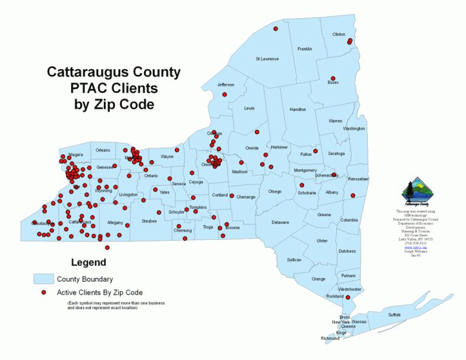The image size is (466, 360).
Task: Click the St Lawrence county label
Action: [267, 59]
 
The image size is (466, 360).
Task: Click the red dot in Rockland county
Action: [348, 297]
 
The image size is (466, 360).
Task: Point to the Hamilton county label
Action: [298, 109]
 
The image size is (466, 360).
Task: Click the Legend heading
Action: [89, 263]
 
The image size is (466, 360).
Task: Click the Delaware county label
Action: [280, 222]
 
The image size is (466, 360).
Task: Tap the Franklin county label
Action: [305, 49]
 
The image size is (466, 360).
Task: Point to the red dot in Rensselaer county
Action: [353, 195]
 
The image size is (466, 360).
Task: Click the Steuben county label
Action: [149, 221]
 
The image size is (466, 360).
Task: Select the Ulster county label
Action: [322, 241]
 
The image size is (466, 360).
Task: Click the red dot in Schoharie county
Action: [302, 185]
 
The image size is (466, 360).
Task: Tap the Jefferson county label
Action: [226, 84]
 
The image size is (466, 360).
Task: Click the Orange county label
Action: [319, 279]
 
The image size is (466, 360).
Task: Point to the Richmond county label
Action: [330, 338]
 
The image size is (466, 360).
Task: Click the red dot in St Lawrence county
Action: [275, 29]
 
